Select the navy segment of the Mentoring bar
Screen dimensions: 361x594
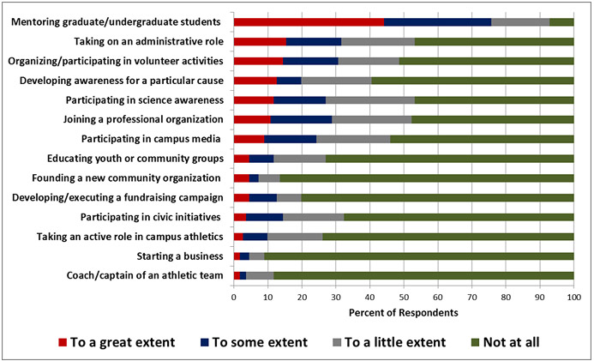click(437, 21)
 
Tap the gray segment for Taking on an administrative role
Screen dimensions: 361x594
click(378, 41)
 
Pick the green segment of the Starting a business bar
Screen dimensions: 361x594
click(419, 256)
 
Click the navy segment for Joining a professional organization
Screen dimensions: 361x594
click(301, 119)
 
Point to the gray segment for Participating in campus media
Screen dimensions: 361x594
click(353, 139)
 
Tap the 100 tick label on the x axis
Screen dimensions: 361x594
click(573, 297)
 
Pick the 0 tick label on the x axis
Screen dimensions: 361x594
click(234, 297)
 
